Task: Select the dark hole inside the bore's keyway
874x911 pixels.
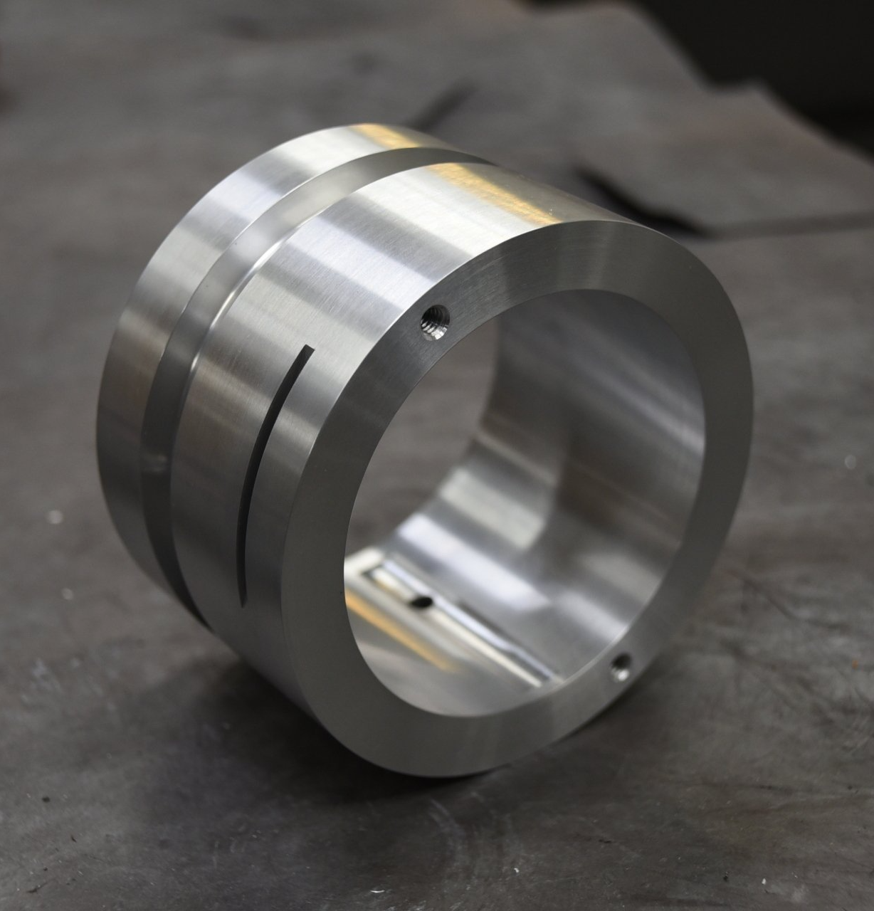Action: (x=421, y=601)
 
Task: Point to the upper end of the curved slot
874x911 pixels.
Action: (x=307, y=350)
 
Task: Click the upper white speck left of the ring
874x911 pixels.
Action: (x=55, y=517)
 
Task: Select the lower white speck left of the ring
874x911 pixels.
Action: (x=67, y=593)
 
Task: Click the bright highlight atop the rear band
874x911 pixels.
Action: (x=384, y=139)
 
